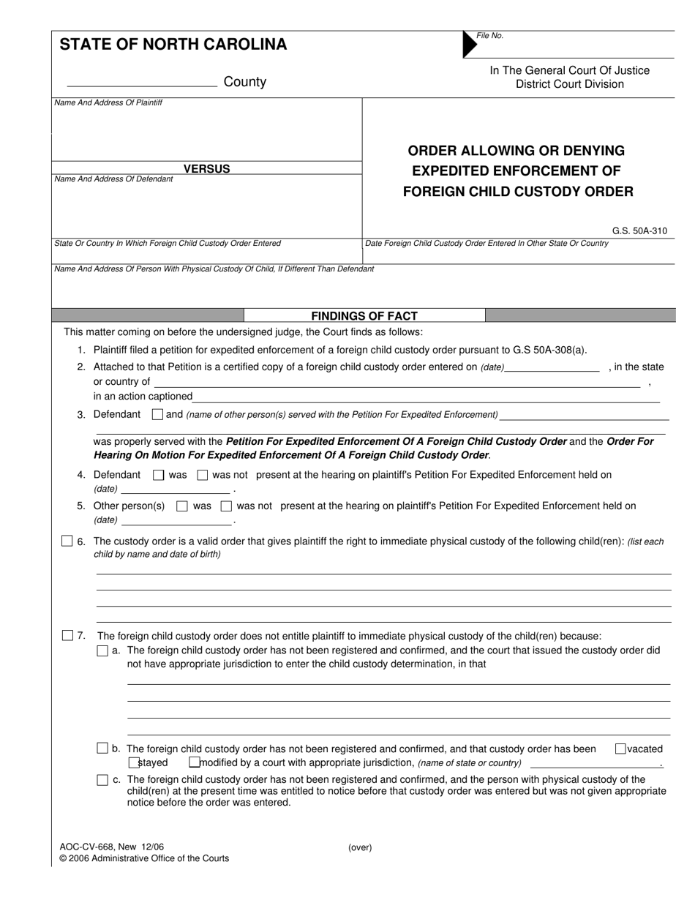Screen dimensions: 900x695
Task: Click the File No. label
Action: click(489, 36)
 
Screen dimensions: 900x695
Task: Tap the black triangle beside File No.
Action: click(469, 45)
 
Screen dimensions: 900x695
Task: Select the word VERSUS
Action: click(206, 169)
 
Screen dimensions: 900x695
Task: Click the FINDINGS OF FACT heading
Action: click(364, 316)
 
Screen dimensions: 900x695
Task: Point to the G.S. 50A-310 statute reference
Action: click(639, 231)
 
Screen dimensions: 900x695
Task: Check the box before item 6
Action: click(67, 541)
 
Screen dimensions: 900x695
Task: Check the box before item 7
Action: click(67, 635)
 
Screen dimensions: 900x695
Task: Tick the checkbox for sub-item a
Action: click(102, 650)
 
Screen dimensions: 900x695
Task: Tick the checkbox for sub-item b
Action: click(102, 748)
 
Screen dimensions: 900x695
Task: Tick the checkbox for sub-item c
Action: click(102, 780)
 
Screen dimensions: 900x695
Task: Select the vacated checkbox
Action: click(620, 749)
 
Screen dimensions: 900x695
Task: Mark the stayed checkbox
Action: click(143, 762)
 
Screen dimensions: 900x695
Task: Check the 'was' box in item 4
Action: click(159, 475)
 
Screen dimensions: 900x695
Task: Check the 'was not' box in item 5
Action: click(227, 506)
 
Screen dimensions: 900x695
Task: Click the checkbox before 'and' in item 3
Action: click(157, 414)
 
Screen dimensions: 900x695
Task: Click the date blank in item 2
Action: click(552, 368)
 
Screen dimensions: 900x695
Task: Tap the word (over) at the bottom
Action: click(360, 848)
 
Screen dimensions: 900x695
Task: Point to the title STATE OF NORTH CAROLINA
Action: click(173, 45)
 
